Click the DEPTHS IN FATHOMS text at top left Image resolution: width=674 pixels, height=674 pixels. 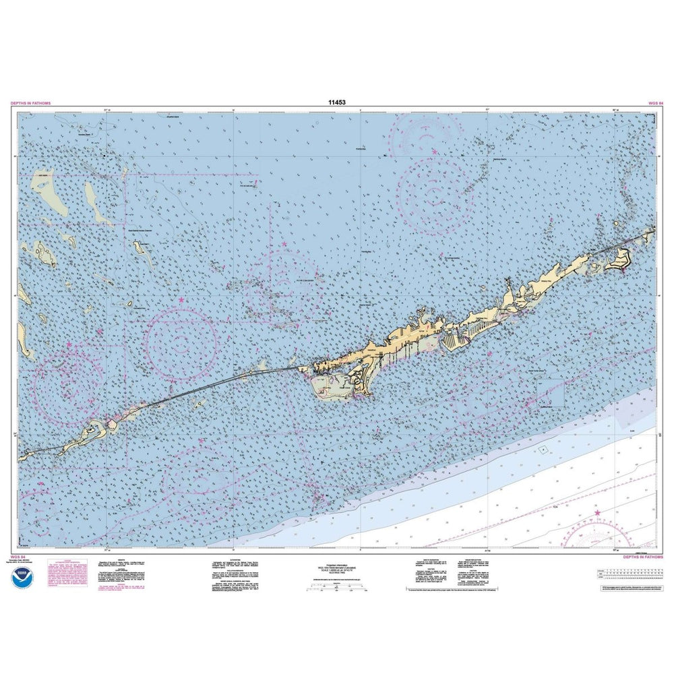point(30,103)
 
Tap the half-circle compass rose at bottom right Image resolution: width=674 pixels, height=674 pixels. point(597,534)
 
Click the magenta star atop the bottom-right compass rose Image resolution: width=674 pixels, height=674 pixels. point(597,514)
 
